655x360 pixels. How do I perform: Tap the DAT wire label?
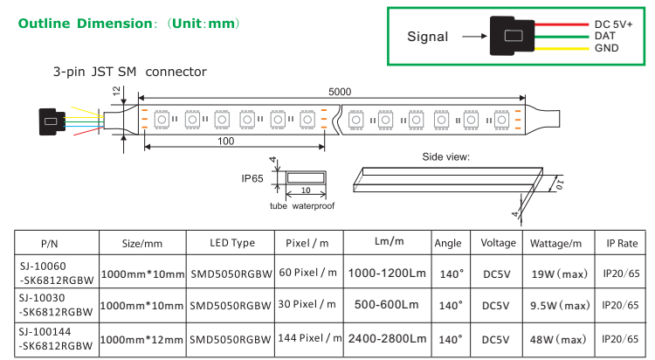point(605,36)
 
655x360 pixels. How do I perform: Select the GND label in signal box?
point(606,48)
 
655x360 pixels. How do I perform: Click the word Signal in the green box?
point(428,37)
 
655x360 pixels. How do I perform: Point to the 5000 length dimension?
point(341,91)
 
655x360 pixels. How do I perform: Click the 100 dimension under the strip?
point(226,140)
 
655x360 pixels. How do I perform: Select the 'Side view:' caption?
point(446,157)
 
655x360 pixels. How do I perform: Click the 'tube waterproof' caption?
point(300,206)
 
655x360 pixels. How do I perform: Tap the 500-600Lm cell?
point(387,306)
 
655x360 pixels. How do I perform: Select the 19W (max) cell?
point(560,273)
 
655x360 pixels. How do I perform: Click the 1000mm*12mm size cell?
point(142,338)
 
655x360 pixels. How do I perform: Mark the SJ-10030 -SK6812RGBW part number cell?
point(55,305)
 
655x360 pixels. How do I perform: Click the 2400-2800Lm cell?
point(387,338)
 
